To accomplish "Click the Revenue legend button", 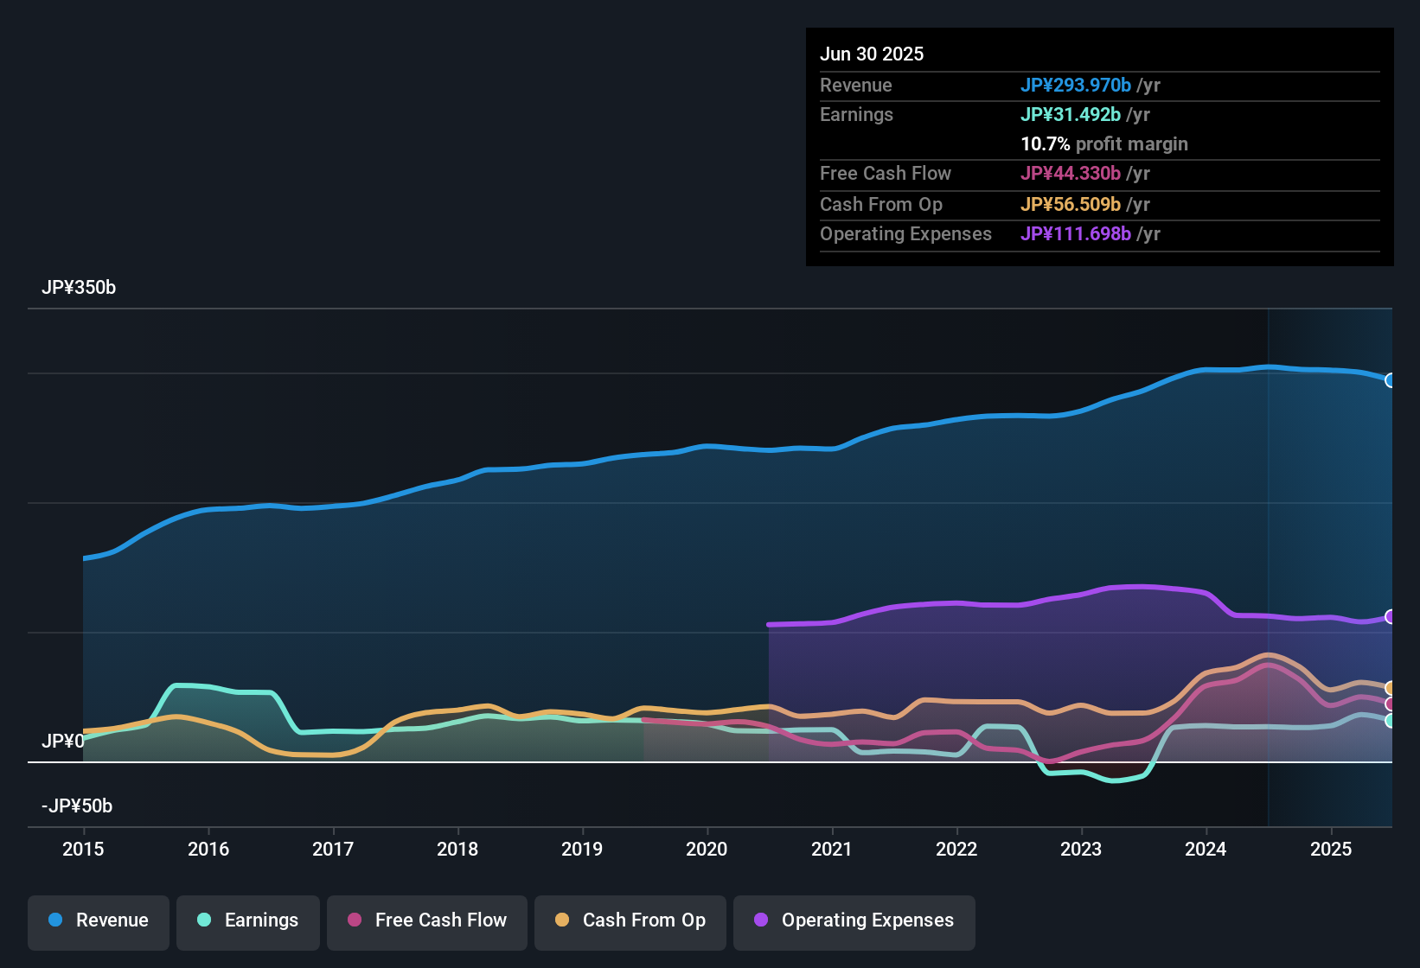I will (99, 920).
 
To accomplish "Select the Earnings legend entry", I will (248, 920).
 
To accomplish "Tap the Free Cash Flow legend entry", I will (427, 920).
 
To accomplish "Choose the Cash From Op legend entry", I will (630, 920).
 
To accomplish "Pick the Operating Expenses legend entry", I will (854, 920).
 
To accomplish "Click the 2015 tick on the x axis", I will (83, 849).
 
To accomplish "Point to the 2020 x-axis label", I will (707, 849).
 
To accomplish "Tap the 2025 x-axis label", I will (1330, 849).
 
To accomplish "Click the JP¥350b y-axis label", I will (79, 288).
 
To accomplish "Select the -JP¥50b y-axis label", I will (77, 806).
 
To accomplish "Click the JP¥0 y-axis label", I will (63, 742).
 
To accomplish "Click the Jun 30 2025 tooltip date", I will (872, 54).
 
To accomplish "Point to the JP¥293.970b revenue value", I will (1076, 86).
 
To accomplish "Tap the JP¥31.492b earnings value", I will (1071, 115).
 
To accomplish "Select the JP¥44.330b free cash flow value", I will (1071, 174).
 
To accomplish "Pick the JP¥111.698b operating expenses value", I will (1076, 234).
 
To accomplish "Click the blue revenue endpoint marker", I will (1390, 380).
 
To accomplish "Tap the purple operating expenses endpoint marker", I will (1390, 616).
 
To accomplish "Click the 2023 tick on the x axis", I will (1081, 849).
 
